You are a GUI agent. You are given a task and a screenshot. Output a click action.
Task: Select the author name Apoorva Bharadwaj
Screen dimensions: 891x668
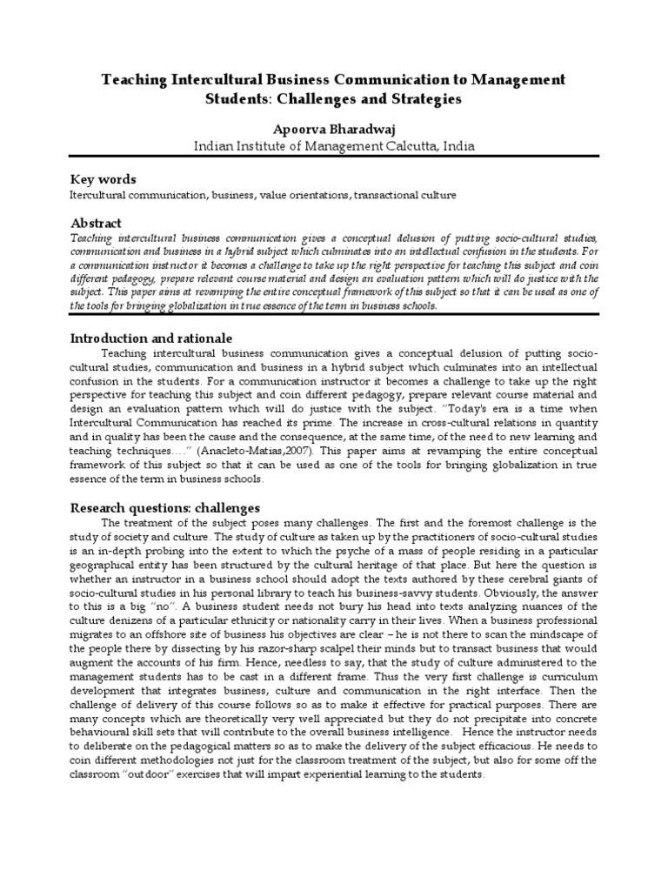(x=334, y=128)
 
